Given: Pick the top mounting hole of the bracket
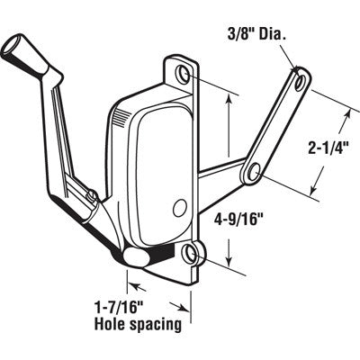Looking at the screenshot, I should [x=184, y=72].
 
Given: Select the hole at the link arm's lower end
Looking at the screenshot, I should [x=256, y=169].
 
